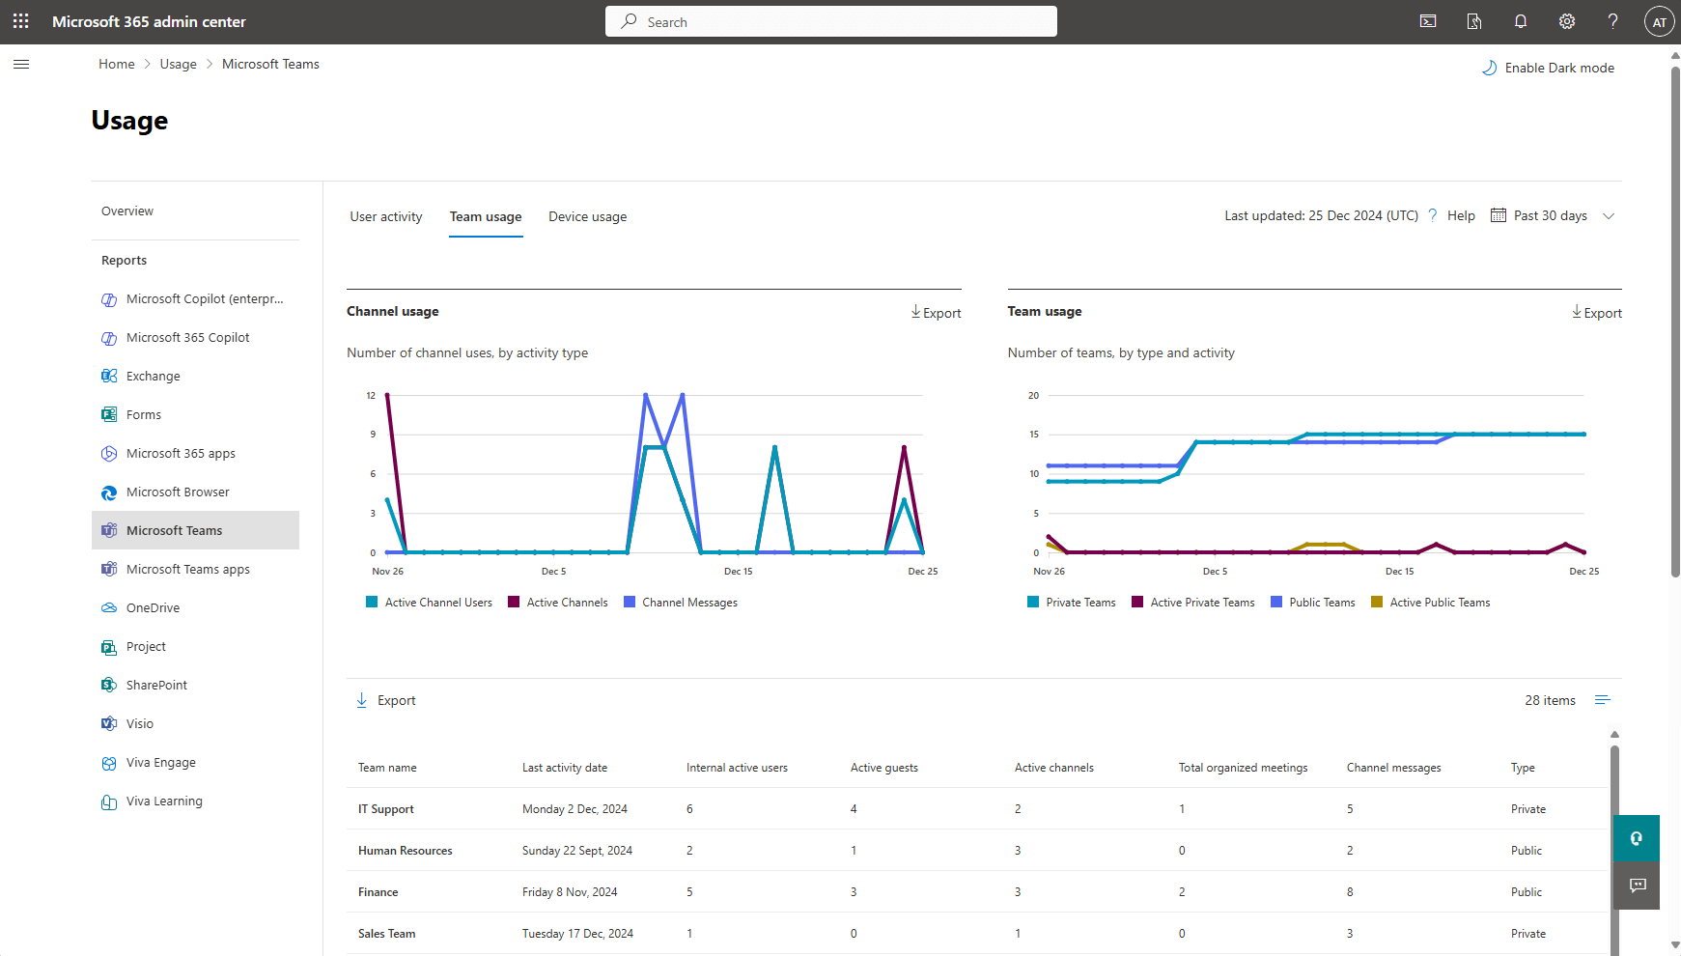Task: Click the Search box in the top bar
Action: click(830, 21)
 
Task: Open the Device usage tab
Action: click(587, 216)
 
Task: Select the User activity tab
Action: click(385, 216)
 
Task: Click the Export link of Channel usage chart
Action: click(936, 313)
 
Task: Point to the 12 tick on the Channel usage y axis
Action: click(371, 396)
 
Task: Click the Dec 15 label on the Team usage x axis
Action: click(1399, 572)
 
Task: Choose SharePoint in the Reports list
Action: click(156, 685)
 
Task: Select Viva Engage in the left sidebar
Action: click(160, 762)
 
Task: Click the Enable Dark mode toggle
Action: click(1548, 68)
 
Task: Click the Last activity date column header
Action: click(565, 768)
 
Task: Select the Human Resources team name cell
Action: click(405, 851)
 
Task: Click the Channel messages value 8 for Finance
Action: click(1350, 892)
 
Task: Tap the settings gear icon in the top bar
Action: click(1566, 21)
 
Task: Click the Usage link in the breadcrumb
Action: click(178, 64)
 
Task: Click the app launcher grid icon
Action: click(21, 21)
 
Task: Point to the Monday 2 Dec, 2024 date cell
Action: click(574, 809)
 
